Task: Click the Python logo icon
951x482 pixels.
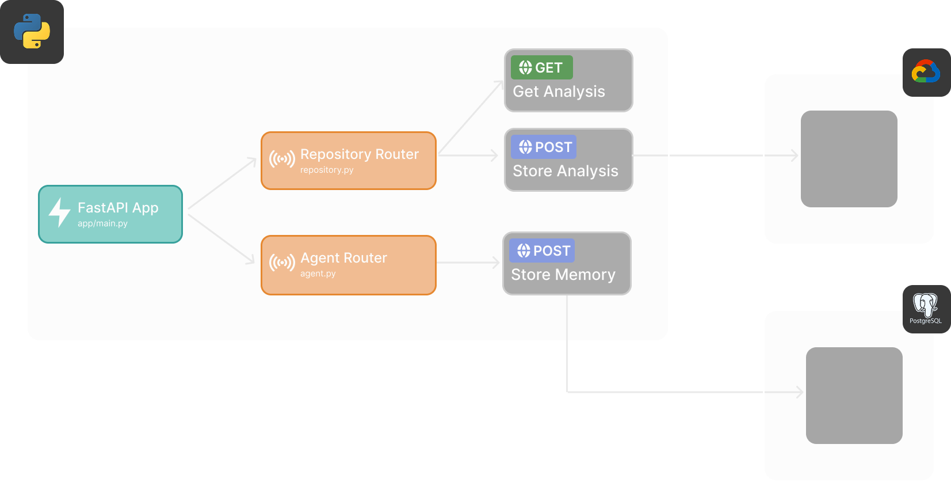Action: (32, 31)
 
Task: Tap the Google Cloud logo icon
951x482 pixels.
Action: (926, 72)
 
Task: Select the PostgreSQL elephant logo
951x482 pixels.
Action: (925, 305)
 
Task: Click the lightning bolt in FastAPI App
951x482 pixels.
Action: (59, 212)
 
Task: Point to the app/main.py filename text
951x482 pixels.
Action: (102, 223)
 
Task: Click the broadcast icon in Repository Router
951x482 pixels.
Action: (282, 159)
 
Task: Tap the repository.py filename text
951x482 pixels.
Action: (327, 170)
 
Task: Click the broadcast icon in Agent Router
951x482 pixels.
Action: (282, 263)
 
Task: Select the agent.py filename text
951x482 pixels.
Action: (318, 274)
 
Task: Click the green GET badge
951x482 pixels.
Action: (541, 67)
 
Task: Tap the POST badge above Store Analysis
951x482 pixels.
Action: (544, 147)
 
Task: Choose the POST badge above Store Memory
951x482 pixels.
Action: (542, 251)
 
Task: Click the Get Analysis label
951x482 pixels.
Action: (559, 92)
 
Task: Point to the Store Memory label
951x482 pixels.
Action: (563, 275)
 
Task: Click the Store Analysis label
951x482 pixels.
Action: (565, 171)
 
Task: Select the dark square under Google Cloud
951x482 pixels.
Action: (849, 159)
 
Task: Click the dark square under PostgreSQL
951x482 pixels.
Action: (854, 395)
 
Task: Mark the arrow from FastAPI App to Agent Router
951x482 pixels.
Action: (221, 239)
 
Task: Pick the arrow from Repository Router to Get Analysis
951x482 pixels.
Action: (471, 117)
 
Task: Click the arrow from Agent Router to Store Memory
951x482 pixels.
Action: (469, 263)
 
